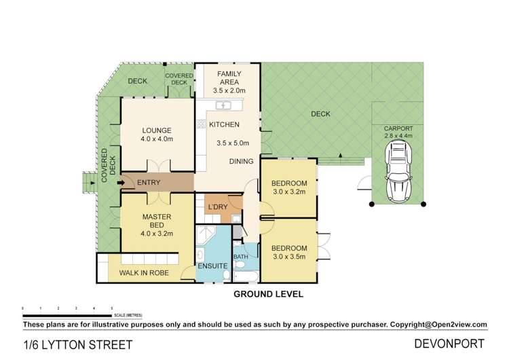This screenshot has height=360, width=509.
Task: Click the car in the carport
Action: click(398, 171)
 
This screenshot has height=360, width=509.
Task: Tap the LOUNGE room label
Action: click(157, 130)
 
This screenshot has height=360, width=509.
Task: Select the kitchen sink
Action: click(223, 105)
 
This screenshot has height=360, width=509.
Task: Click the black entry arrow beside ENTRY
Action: click(121, 183)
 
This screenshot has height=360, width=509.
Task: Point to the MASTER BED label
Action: click(157, 221)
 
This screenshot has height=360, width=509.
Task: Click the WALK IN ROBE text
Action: click(144, 273)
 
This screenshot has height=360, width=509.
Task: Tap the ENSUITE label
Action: click(212, 266)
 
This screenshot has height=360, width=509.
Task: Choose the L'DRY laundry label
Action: click(218, 207)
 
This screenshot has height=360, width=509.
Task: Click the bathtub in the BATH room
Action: click(246, 276)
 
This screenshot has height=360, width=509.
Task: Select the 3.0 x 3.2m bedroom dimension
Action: click(289, 192)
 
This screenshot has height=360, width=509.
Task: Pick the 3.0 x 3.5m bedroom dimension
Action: click(289, 257)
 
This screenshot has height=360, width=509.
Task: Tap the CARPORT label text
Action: click(398, 128)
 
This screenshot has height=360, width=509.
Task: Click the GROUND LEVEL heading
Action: click(269, 294)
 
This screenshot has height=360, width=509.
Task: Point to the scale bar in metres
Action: click(67, 315)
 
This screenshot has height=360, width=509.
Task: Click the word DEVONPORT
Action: click(449, 344)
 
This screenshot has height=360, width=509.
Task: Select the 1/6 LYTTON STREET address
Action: click(78, 345)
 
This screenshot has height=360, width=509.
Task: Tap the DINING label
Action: click(241, 162)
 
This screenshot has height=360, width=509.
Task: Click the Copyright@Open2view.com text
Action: click(438, 325)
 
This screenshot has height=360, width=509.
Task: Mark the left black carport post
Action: click(372, 204)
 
